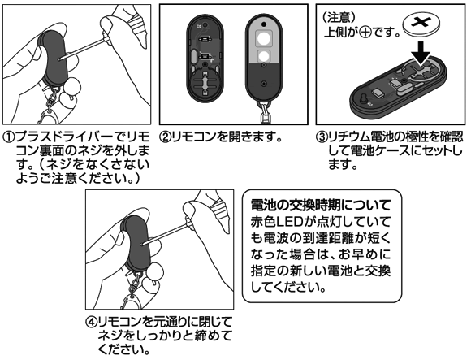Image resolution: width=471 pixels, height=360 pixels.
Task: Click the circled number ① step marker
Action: (9, 138)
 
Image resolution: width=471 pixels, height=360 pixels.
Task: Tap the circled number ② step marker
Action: (166, 138)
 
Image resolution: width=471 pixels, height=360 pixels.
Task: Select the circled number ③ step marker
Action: (322, 138)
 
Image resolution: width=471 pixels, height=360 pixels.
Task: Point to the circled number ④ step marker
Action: (92, 323)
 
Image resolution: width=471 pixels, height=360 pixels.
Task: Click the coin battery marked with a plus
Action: (421, 26)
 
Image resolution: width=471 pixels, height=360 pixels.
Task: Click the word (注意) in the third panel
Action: (339, 18)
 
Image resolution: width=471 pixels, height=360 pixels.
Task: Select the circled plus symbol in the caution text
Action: (365, 33)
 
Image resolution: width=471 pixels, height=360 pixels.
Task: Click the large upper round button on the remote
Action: (264, 38)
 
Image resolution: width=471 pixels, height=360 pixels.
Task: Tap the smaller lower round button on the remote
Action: (264, 56)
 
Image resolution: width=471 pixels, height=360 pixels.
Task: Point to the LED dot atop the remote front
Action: (264, 24)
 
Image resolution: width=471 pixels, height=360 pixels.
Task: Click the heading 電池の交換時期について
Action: (321, 206)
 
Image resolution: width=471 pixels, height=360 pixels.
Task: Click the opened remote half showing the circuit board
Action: (205, 58)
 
